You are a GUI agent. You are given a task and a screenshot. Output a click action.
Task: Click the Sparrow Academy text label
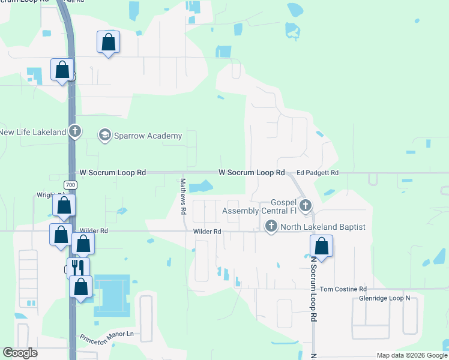(148, 136)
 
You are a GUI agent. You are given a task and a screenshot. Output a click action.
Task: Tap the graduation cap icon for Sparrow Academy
(105, 135)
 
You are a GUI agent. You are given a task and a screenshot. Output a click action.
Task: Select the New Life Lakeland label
(32, 132)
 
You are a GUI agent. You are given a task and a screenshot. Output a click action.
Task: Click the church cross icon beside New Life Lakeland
(74, 131)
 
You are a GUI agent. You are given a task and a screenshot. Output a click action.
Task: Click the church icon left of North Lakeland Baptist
(271, 226)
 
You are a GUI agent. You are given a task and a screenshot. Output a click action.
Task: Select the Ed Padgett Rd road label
(318, 173)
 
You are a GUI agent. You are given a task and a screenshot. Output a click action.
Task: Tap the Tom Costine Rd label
(342, 289)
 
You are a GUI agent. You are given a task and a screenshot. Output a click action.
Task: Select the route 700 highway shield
(71, 184)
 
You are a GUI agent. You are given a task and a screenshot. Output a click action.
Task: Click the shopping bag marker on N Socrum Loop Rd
(322, 245)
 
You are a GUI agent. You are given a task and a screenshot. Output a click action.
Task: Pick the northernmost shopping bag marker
(108, 42)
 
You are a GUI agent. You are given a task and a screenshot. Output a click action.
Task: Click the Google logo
(20, 353)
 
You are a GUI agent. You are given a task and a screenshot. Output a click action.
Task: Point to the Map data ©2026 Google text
(412, 355)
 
